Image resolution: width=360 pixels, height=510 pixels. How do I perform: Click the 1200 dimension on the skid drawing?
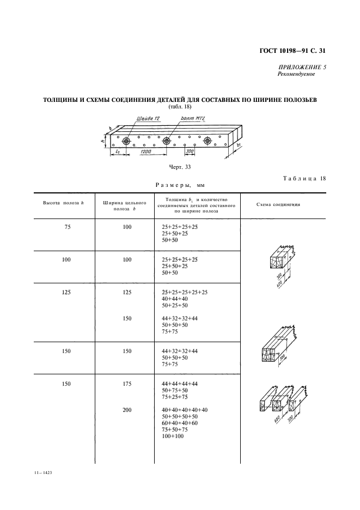pyautogui.click(x=145, y=151)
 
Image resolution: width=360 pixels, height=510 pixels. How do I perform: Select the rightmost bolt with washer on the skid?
pyautogui.click(x=208, y=141)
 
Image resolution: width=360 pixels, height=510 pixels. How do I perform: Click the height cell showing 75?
pyautogui.click(x=68, y=226)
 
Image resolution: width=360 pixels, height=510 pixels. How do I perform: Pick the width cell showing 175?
pyautogui.click(x=127, y=384)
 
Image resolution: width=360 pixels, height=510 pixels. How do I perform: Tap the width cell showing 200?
pyautogui.click(x=127, y=409)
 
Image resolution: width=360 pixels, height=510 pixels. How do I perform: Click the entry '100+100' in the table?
pyautogui.click(x=173, y=436)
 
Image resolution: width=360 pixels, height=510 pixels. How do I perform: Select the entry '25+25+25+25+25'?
pyautogui.click(x=185, y=292)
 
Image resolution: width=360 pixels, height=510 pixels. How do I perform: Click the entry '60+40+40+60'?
pyautogui.click(x=180, y=423)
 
